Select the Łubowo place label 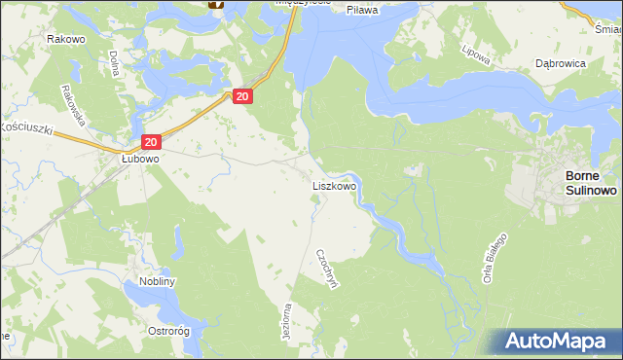point(140,158)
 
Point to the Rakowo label point(63,39)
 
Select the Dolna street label point(114,63)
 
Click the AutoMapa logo point(557,341)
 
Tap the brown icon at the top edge point(217,4)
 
